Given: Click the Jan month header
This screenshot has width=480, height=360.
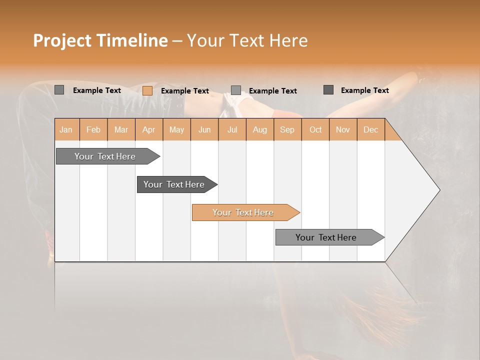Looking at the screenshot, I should coord(66,129).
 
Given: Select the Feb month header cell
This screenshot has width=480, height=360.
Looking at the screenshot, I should coord(93,129).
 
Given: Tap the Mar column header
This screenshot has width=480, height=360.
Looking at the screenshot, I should coord(121,129).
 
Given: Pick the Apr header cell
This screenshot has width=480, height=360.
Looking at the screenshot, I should coord(148,129).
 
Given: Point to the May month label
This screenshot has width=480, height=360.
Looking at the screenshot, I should coord(176,129).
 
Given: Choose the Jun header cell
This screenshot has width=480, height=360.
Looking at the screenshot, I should coord(204,129).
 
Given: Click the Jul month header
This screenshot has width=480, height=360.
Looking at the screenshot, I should coord(232,129).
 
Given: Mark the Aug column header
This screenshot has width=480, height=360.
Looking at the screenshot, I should coord(260,129).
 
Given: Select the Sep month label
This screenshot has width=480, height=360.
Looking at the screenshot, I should coord(287,129).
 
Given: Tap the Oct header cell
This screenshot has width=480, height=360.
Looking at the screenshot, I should coord(315,129).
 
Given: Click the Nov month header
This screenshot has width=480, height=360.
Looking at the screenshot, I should coord(343,129).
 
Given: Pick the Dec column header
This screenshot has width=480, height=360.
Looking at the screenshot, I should coord(370,129).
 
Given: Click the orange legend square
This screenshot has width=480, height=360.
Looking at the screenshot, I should coord(147,90).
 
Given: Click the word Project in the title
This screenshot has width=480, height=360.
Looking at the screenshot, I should coord(62,40).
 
